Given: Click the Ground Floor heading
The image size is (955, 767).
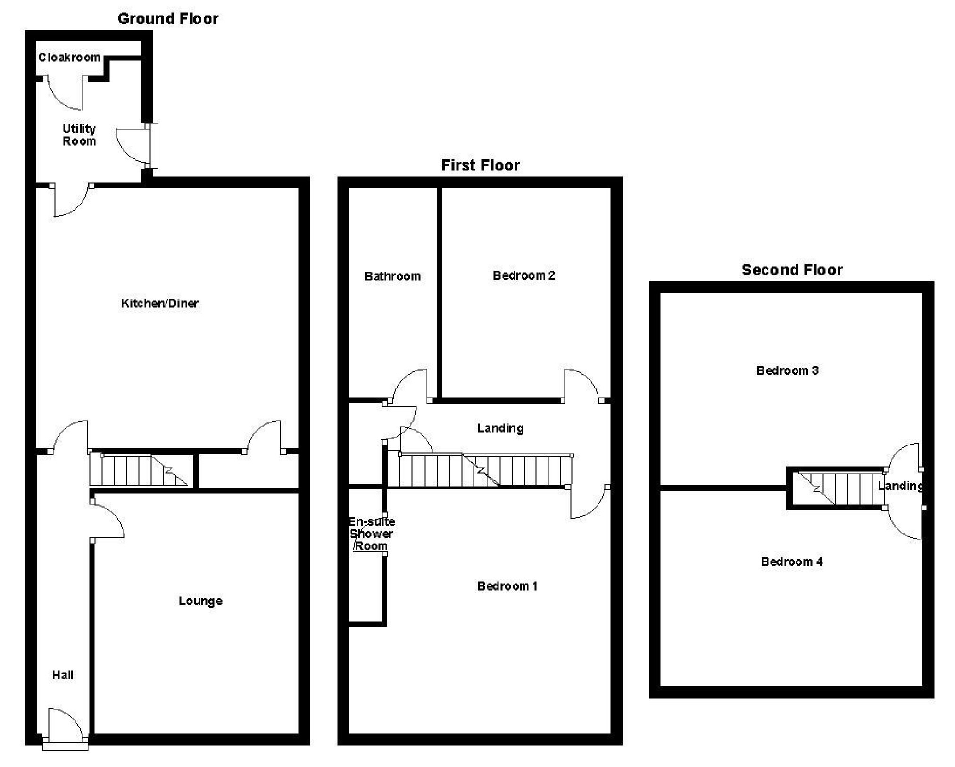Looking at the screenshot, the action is pyautogui.click(x=168, y=19).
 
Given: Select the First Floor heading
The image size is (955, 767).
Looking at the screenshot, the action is pyautogui.click(x=480, y=165).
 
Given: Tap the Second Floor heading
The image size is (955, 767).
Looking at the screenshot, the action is pyautogui.click(x=792, y=270).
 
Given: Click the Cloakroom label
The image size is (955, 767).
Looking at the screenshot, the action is pyautogui.click(x=69, y=58).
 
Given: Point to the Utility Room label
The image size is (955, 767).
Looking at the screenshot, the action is pyautogui.click(x=79, y=135).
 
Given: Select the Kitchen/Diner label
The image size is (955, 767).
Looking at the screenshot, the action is pyautogui.click(x=159, y=303).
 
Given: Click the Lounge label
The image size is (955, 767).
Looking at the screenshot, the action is pyautogui.click(x=200, y=601).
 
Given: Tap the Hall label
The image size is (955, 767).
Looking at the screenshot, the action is pyautogui.click(x=63, y=675).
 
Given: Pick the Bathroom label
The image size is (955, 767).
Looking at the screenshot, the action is pyautogui.click(x=392, y=276).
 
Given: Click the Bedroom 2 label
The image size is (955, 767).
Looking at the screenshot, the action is pyautogui.click(x=523, y=275).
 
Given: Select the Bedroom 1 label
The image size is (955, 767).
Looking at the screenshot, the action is pyautogui.click(x=507, y=586).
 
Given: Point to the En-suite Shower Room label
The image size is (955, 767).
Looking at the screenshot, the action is pyautogui.click(x=371, y=534).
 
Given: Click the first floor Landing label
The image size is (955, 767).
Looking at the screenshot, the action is pyautogui.click(x=500, y=428).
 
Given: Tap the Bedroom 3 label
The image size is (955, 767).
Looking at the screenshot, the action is pyautogui.click(x=787, y=371).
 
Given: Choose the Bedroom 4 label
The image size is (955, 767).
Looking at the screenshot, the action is pyautogui.click(x=791, y=561).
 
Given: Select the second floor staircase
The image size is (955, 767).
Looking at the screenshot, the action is pyautogui.click(x=835, y=488).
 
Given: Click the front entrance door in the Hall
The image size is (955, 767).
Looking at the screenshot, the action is pyautogui.click(x=66, y=726).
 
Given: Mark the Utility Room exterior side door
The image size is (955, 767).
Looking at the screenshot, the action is pyautogui.click(x=152, y=145).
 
